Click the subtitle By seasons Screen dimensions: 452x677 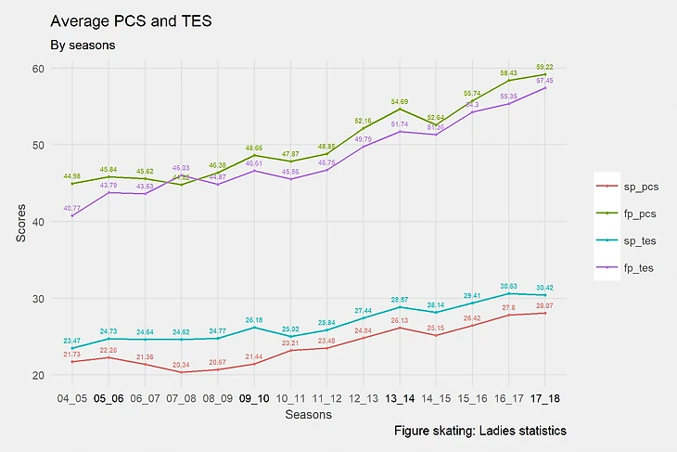click(x=82, y=45)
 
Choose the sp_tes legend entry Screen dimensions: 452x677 click(x=634, y=241)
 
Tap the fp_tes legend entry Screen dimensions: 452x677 click(x=634, y=269)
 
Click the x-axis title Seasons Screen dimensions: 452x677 click(x=309, y=416)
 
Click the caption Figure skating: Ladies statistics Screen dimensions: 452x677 click(x=479, y=432)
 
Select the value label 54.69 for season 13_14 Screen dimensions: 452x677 click(x=400, y=101)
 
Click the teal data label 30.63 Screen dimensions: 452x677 click(x=509, y=286)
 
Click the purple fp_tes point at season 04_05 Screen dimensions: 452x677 click(x=71, y=216)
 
